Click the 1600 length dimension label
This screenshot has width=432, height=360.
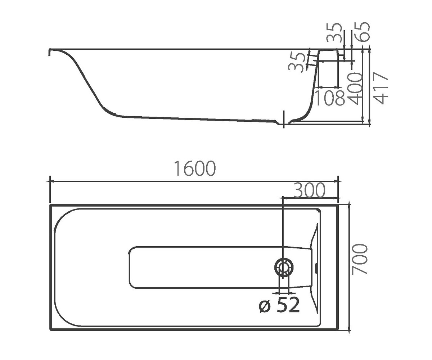[x=195, y=168]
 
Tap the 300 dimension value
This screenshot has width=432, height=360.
[x=310, y=190]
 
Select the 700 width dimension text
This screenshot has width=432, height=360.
[x=360, y=259]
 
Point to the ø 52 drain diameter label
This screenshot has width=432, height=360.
[x=279, y=305]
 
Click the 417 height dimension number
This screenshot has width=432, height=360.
[x=381, y=88]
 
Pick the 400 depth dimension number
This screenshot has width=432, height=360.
[x=356, y=88]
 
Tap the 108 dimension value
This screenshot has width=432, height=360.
[x=330, y=98]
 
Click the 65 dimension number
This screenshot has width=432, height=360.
[x=362, y=32]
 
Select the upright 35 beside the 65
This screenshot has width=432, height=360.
[x=334, y=32]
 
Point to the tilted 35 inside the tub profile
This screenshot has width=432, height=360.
[x=297, y=62]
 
